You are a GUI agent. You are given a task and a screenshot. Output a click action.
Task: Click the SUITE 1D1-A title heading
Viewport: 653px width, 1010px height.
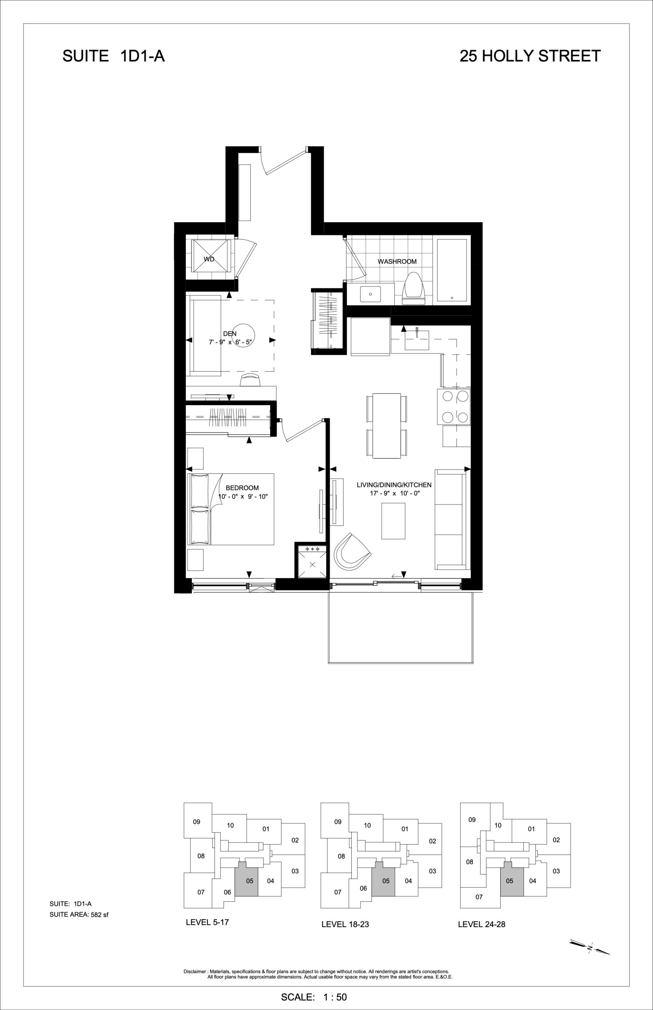tap(113, 56)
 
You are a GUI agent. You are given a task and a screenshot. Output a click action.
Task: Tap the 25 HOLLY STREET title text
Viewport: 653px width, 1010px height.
tap(530, 56)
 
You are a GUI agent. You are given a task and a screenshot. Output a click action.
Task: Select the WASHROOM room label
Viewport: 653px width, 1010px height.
tap(397, 262)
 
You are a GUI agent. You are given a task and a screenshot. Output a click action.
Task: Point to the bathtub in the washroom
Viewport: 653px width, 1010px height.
tap(452, 270)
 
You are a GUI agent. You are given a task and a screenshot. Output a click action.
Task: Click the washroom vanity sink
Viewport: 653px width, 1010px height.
tap(371, 294)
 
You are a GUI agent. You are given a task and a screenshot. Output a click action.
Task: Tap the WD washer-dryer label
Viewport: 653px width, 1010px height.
tap(209, 259)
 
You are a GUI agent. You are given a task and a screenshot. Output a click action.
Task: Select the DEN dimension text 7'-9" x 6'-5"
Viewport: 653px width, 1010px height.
tap(230, 342)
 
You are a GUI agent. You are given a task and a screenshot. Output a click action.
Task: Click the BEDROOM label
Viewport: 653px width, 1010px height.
tap(242, 488)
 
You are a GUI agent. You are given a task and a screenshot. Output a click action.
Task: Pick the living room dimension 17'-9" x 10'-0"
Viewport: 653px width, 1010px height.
tap(394, 493)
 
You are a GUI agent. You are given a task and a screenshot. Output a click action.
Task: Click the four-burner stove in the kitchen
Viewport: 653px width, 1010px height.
tap(454, 406)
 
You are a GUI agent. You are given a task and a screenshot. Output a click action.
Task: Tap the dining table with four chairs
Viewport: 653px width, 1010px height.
tap(387, 425)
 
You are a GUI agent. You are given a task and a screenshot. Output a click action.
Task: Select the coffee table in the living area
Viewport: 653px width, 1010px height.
tap(393, 521)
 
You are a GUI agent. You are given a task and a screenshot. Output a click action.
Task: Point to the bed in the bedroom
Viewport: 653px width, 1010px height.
tap(230, 509)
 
